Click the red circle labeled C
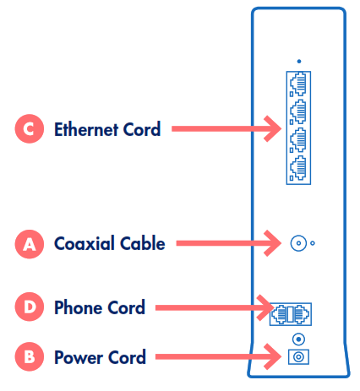coord(30,130)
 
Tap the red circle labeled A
coord(30,244)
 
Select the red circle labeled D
coord(30,307)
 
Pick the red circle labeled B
coord(30,357)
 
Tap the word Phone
coord(75,307)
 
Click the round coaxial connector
coord(298,244)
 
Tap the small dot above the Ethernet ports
coord(299,61)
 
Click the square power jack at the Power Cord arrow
coord(298,357)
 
